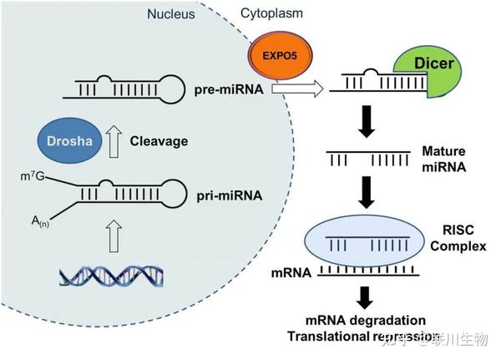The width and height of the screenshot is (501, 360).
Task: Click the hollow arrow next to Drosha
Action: [x=113, y=140]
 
